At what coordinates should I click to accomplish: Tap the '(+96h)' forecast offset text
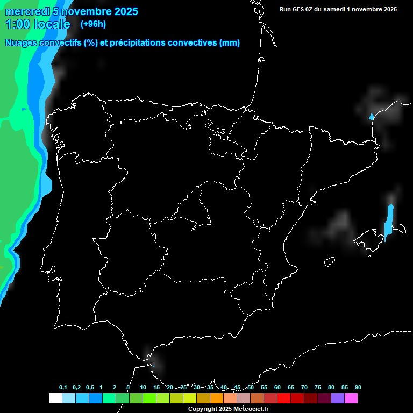point(93,24)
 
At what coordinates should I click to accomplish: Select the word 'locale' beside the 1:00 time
point(52,24)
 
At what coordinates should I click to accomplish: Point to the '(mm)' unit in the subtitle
point(230,43)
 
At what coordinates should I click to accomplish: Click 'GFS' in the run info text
point(301,9)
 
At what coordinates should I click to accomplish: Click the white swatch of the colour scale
point(55,398)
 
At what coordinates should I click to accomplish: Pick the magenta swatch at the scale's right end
point(351,398)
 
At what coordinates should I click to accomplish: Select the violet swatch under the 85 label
point(338,398)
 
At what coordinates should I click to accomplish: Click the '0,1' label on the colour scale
point(63,388)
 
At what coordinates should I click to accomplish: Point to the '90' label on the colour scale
point(358,388)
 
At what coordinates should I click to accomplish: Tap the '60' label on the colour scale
point(277,388)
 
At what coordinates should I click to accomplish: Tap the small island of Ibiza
point(329,261)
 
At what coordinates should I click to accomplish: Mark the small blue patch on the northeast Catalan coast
point(371,116)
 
